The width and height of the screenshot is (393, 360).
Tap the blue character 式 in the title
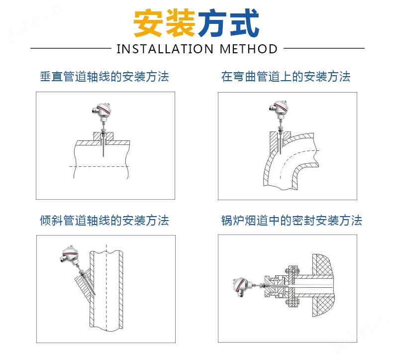tap(244, 23)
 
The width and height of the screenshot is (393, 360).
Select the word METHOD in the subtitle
tap(249, 49)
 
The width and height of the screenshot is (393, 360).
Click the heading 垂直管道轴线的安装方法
tap(104, 77)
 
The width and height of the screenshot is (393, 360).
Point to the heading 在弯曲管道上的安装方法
tap(286, 77)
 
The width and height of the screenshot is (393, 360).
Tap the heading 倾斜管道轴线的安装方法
tap(104, 221)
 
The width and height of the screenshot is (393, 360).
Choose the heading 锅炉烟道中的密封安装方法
tap(292, 221)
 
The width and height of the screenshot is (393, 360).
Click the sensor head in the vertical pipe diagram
tap(102, 111)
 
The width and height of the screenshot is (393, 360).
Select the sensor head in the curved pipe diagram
tap(279, 109)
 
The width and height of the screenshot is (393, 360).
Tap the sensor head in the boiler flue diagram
tap(242, 286)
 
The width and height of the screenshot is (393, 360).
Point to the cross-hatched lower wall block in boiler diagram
tap(323, 307)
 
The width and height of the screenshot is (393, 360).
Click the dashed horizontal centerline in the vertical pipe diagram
tap(99, 167)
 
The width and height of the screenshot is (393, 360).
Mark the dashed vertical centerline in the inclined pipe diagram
tap(106, 287)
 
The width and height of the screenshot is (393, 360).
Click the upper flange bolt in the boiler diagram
tap(292, 270)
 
